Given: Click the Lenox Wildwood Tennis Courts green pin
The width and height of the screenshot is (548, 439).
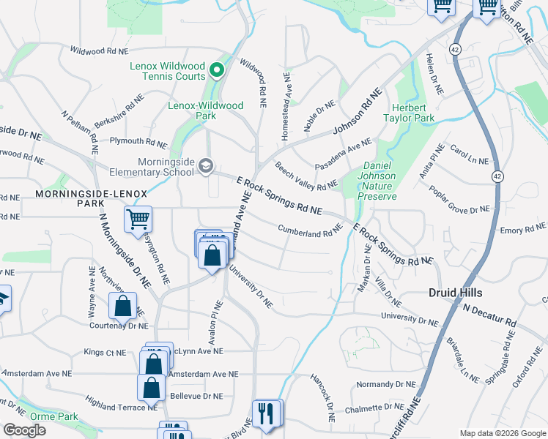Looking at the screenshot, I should tap(216, 70).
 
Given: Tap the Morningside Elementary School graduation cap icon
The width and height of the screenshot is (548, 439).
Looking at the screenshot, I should tap(206, 167).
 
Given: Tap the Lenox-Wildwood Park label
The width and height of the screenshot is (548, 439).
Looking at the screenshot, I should tap(206, 110).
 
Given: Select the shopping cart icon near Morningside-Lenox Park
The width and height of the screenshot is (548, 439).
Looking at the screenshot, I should tap(138, 218).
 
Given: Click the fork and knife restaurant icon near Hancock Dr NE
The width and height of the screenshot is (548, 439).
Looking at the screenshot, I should tap(267, 413).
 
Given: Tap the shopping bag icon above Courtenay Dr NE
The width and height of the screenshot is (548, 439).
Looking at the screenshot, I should tap(123, 304).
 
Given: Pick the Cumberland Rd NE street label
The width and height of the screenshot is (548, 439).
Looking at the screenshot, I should tap(311, 231).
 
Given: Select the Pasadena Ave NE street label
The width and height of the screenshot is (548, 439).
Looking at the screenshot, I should tap(343, 156).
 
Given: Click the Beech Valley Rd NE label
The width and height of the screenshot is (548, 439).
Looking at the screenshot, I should tap(306, 177).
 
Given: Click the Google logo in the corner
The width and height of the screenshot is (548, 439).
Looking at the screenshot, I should tap(24, 430).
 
